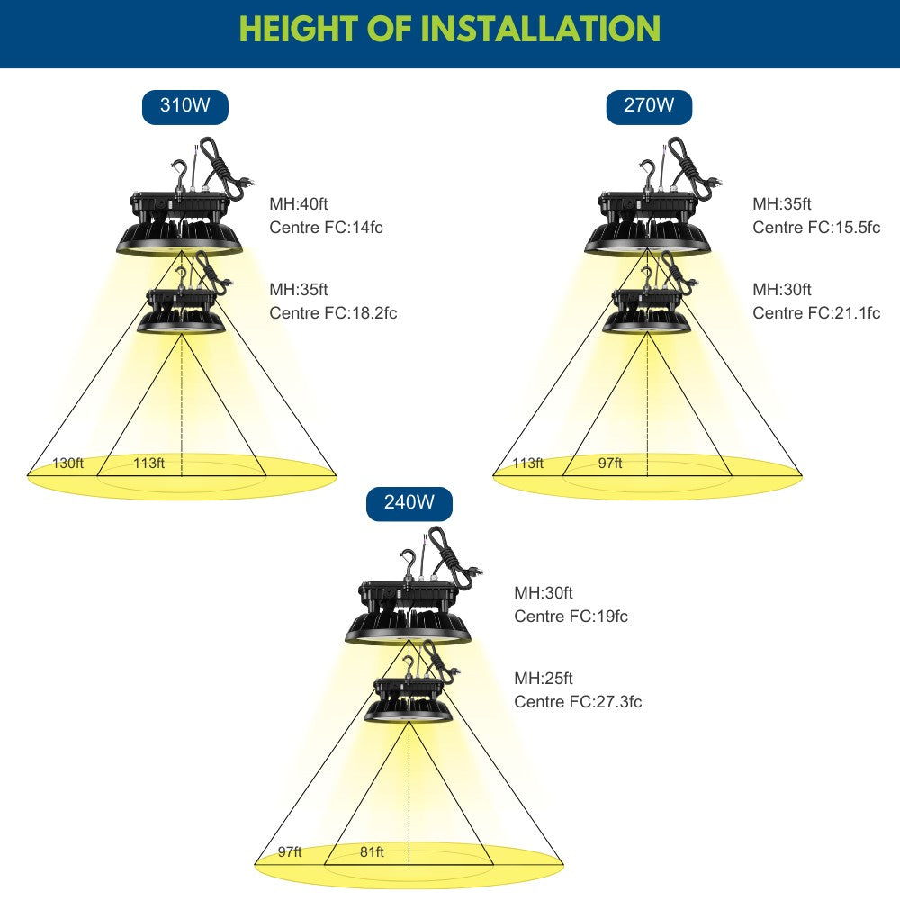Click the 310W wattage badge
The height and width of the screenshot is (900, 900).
(184, 107)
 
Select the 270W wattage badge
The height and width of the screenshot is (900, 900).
(649, 107)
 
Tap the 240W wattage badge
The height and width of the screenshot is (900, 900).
(409, 503)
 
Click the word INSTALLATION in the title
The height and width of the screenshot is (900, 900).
(540, 29)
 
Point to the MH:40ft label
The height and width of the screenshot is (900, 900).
(299, 203)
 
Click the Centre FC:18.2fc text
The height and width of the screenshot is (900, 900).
(333, 313)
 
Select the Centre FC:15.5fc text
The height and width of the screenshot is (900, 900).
(816, 228)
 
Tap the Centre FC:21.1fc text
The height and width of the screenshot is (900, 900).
(816, 313)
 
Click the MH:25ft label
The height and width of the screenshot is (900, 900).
(543, 678)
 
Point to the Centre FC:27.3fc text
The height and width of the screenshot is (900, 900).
(578, 701)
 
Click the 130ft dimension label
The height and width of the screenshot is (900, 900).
(67, 463)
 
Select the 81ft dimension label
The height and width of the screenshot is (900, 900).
(372, 851)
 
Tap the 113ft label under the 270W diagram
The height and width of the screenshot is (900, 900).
(527, 463)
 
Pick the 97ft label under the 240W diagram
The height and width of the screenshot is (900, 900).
(290, 851)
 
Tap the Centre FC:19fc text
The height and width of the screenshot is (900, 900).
(571, 616)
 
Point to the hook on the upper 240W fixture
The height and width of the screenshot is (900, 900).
(407, 563)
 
